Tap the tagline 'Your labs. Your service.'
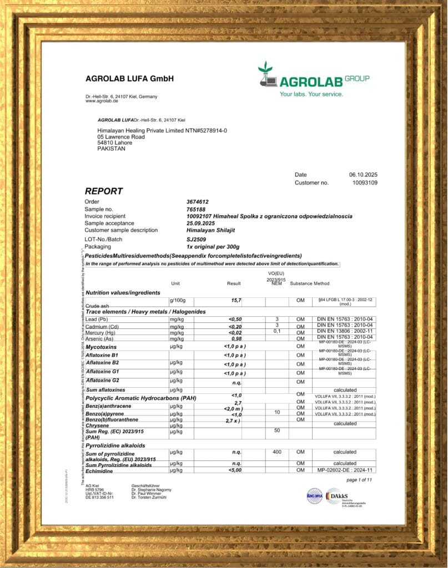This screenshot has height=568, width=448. click(311, 94)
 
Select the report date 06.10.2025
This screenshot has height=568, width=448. click(363, 175)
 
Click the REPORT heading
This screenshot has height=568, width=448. click(104, 191)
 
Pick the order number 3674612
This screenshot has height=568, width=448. click(198, 201)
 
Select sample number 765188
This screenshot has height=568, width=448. click(195, 209)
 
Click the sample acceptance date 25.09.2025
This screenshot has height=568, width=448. click(200, 223)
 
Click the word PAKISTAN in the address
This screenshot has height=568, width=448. click(112, 149)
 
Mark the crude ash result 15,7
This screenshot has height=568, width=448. click(236, 300)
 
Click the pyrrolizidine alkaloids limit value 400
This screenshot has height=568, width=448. click(276, 452)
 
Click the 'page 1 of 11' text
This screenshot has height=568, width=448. click(359, 480)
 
